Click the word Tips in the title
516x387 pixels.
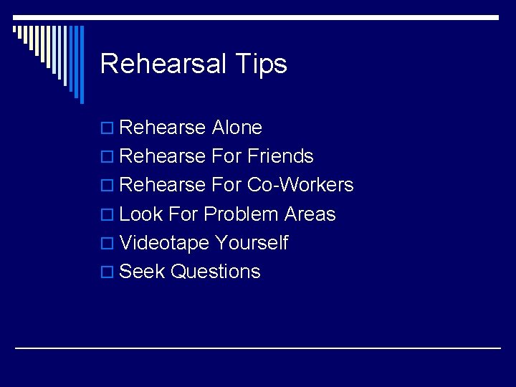point(261,64)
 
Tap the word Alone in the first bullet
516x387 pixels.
point(237,128)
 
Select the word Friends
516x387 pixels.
point(281,156)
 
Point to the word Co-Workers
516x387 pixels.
point(300,185)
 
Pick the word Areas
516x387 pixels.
point(310,214)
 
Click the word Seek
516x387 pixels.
point(143,272)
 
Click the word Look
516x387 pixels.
point(141,214)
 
